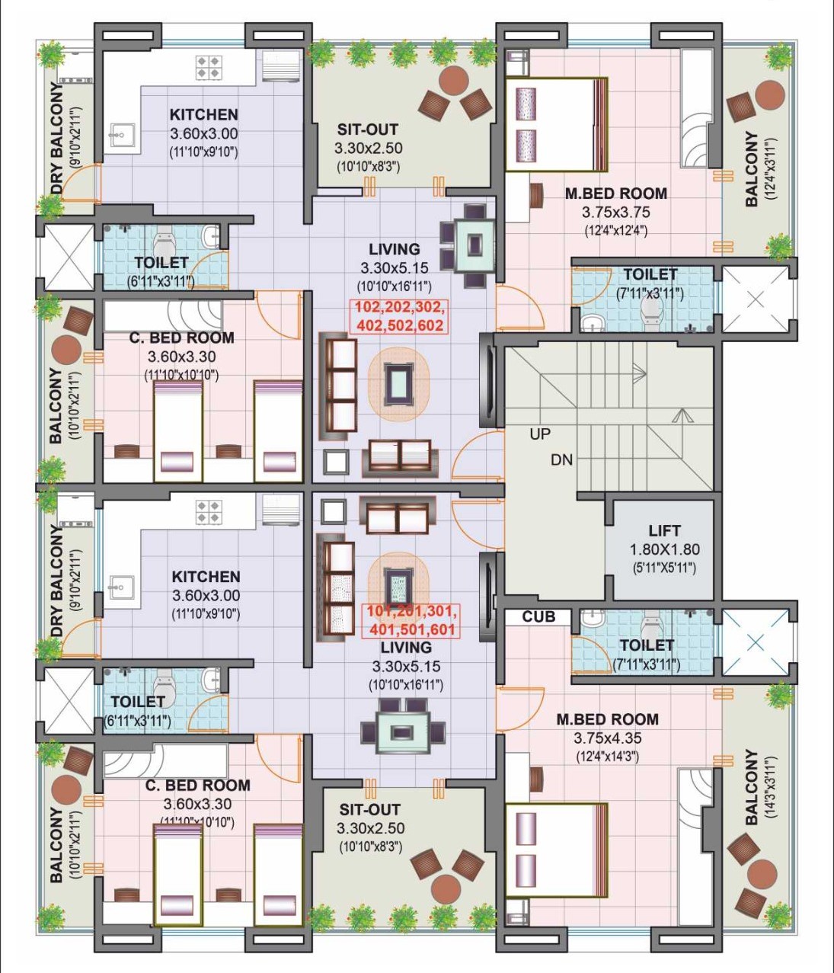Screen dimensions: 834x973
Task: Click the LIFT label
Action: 664,530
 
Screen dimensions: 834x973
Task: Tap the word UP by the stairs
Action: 540,434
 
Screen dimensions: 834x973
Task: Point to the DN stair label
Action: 561,459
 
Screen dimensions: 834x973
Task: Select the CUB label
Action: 538,616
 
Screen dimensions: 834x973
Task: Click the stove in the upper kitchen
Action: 209,67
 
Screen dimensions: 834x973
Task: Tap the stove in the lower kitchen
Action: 209,512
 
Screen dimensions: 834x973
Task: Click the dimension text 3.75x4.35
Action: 607,738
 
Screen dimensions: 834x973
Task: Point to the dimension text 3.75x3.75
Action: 615,213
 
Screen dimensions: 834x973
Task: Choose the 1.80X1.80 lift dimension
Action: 665,549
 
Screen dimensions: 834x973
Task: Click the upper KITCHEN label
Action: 204,114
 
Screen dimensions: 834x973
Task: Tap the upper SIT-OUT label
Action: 368,129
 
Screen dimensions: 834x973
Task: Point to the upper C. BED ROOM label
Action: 181,338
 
